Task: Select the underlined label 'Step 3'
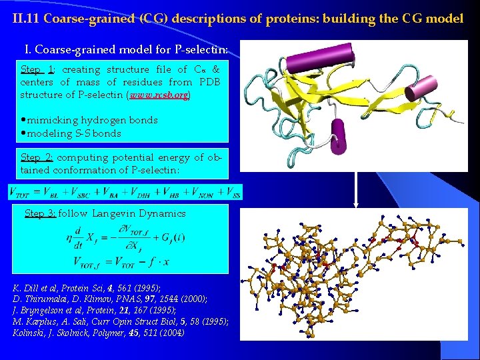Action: coord(40,213)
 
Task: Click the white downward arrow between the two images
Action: coord(355,193)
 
